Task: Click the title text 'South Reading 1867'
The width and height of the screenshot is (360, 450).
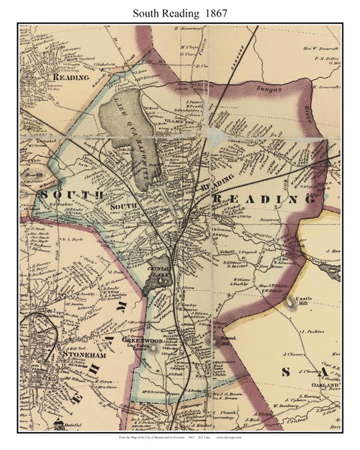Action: (179, 11)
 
